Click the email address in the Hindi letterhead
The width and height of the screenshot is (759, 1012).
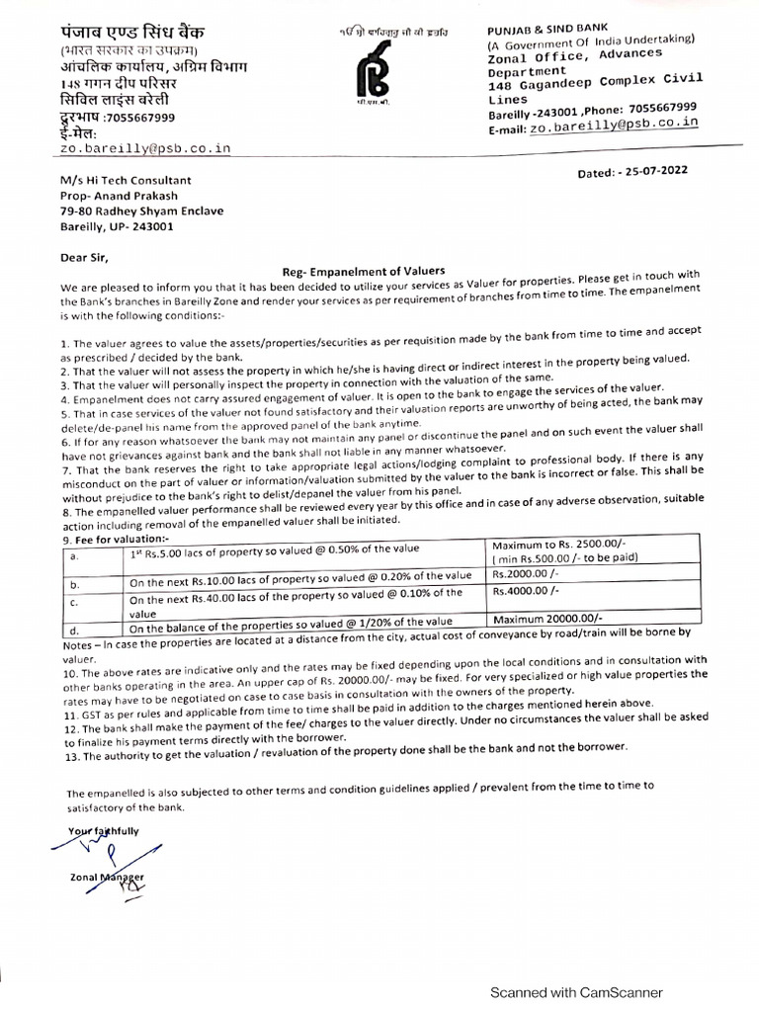tap(145, 147)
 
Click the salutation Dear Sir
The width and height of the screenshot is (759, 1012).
tap(84, 257)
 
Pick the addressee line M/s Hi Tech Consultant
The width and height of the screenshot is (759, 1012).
tap(125, 180)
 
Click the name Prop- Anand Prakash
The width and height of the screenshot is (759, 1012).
tap(122, 196)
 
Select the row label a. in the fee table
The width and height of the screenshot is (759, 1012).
tap(72, 557)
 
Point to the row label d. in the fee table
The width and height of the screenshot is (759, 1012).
tap(73, 629)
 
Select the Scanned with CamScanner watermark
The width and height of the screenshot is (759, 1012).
tap(577, 992)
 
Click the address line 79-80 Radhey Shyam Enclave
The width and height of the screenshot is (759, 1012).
tap(142, 211)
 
